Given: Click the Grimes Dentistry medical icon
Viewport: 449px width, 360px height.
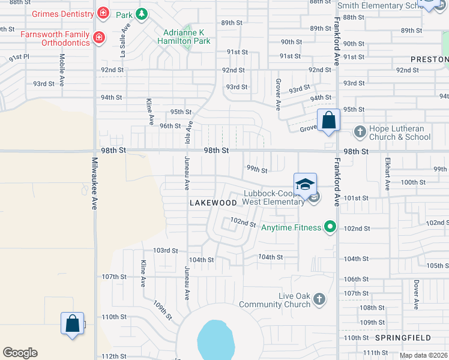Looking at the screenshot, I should (x=103, y=13).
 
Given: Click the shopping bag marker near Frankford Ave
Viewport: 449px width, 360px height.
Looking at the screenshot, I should (x=329, y=120).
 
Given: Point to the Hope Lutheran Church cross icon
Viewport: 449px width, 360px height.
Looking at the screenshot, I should (x=360, y=131).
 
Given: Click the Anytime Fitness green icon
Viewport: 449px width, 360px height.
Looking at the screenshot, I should (x=329, y=226).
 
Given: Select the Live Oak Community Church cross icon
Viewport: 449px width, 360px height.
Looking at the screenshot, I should (x=319, y=298).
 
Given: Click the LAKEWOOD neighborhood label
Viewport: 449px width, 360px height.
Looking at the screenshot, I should (x=213, y=203).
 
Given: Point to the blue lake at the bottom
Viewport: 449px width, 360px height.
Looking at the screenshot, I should (x=215, y=339).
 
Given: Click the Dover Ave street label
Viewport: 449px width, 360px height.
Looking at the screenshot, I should (x=415, y=295).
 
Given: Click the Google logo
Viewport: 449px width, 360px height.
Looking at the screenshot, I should (x=20, y=353).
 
